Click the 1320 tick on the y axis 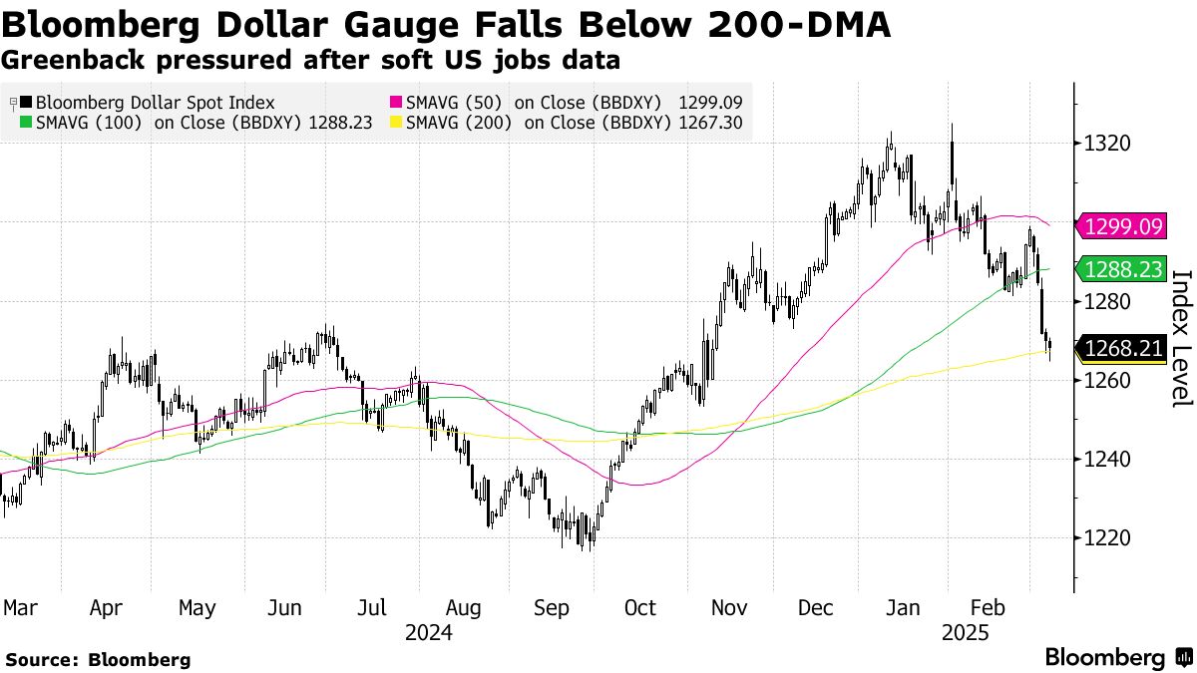(1108, 144)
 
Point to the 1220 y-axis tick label (1108, 538)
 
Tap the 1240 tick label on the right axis (1108, 460)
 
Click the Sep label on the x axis (551, 607)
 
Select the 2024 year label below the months (428, 632)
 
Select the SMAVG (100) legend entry (165, 123)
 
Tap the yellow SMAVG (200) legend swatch (395, 123)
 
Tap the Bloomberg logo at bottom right (1117, 658)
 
